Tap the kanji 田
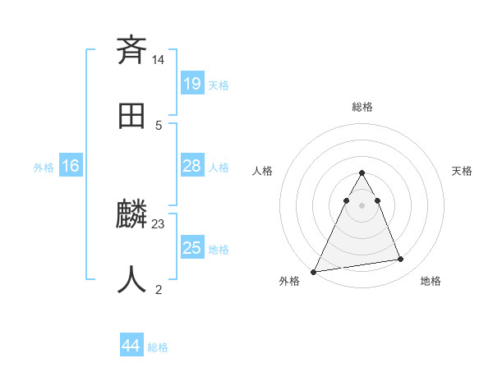coord(132,117)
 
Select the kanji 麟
coord(132,215)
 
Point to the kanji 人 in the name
coord(132,279)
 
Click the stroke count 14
coord(159,60)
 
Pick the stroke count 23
coord(159,223)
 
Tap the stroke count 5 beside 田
coord(159,125)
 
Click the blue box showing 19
coord(191,83)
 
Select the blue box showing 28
coord(191,166)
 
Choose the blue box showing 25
coord(191,248)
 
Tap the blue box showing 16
coord(71,166)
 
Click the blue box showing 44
coord(131,346)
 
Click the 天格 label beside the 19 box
coord(219,85)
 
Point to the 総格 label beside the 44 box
coord(158,347)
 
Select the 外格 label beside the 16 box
coord(44,168)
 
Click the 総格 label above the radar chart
coord(362,107)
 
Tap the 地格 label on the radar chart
coord(431,281)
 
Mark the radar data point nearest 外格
coord(313,272)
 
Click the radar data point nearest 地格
coord(401,260)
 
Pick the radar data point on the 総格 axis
coord(362,172)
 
